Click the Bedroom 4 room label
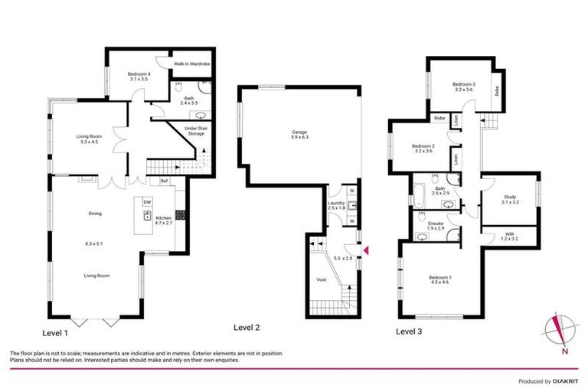pos(137,73)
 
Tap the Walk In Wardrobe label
pos(191,64)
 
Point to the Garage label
pos(299,132)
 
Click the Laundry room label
pos(337,204)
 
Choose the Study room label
pos(509,198)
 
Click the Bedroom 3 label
pos(465,84)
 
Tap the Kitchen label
pos(164,219)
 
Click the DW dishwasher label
pos(147,202)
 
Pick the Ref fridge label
pos(164,181)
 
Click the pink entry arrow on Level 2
pos(365,250)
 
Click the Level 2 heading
pos(247,327)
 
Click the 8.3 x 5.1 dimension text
pos(95,243)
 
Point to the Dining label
pos(95,214)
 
